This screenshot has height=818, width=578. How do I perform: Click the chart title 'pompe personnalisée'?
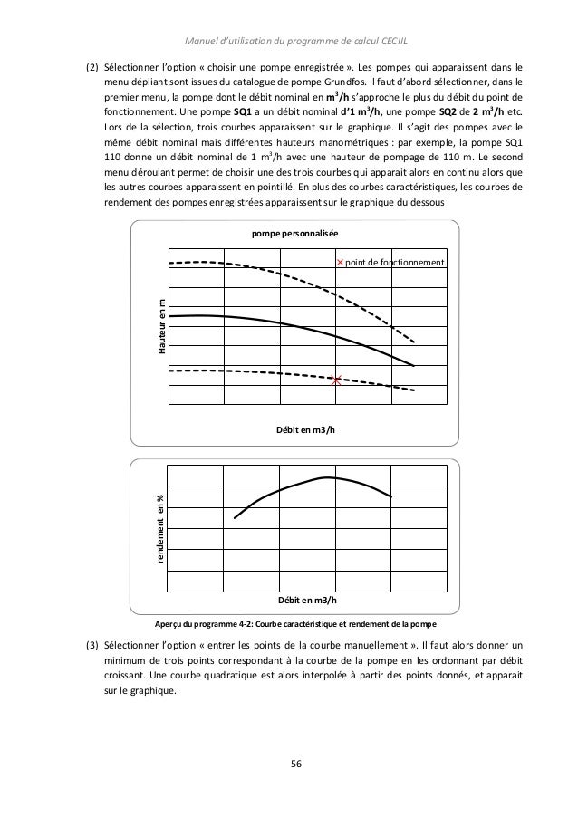[295, 233]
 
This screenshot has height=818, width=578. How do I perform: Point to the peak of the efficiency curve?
[326, 476]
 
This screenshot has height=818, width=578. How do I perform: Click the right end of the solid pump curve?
[414, 366]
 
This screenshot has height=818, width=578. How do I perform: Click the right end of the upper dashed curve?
[415, 343]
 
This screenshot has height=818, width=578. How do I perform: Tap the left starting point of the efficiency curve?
[235, 518]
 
